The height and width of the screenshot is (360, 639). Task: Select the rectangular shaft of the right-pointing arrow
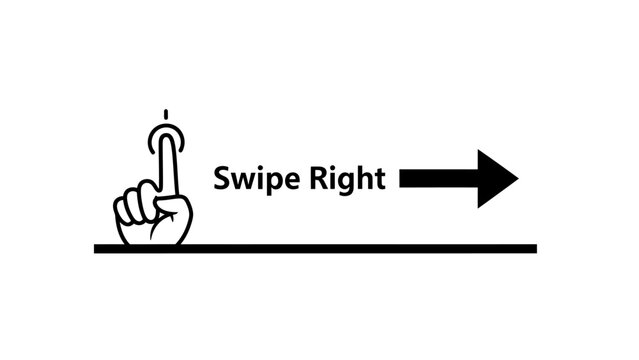(x=438, y=179)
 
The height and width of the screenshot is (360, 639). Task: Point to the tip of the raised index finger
(x=166, y=134)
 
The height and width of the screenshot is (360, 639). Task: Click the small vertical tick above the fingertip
(x=166, y=113)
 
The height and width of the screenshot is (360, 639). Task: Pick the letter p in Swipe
(x=268, y=183)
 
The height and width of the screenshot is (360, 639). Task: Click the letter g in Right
(x=348, y=184)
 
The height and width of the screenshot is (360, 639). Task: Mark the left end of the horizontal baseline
(x=97, y=248)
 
